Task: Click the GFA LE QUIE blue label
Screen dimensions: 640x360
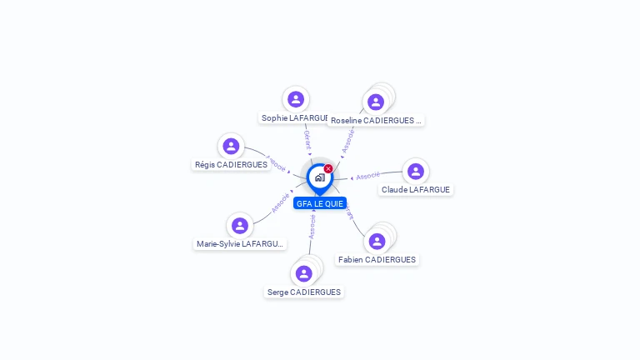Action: click(319, 203)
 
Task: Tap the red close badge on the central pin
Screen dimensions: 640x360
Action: click(328, 169)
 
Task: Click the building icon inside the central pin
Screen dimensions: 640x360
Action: click(319, 177)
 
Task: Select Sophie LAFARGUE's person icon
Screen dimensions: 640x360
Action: click(296, 99)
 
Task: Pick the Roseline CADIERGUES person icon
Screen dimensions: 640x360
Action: click(376, 102)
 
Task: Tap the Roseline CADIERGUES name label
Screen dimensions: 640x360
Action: click(376, 121)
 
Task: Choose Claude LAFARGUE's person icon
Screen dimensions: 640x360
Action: click(415, 171)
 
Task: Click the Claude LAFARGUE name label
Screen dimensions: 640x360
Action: click(415, 190)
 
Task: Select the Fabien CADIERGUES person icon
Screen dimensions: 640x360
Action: click(377, 241)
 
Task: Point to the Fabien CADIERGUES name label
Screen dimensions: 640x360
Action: click(377, 260)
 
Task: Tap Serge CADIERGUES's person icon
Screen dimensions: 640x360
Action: click(304, 273)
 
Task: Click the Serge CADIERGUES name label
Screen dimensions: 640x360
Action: click(304, 292)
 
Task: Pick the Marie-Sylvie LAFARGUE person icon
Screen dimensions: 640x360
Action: click(240, 225)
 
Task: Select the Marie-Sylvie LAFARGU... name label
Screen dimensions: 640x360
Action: click(240, 244)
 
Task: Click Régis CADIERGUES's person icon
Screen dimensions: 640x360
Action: click(231, 146)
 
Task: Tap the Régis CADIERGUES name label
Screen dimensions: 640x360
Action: click(231, 165)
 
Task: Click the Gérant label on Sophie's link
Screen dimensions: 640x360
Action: click(307, 139)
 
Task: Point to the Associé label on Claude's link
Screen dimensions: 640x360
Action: click(367, 176)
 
